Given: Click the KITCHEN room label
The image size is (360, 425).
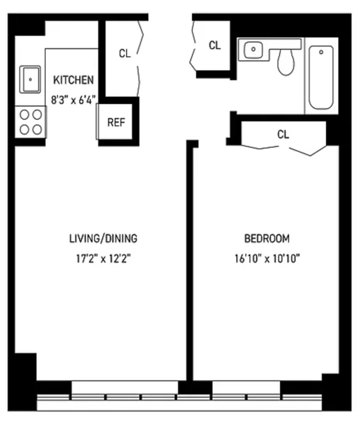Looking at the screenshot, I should [74, 80].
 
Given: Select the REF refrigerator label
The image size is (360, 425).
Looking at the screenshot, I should [116, 122].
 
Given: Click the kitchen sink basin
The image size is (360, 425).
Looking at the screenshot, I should [30, 79].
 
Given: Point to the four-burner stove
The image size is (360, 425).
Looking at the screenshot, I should [31, 122].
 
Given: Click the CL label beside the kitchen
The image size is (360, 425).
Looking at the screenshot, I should [125, 54].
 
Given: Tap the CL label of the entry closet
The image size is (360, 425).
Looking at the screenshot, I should [214, 46].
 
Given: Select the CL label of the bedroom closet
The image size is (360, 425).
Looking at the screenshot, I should [283, 135].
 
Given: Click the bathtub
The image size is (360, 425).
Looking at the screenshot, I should [321, 77].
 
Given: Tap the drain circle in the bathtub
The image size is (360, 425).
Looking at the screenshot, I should [321, 52].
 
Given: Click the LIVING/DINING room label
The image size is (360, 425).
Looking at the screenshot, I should [103, 239].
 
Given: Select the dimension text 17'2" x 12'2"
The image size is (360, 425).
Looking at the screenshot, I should [103, 259].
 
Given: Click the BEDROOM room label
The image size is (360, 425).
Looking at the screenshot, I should [267, 239].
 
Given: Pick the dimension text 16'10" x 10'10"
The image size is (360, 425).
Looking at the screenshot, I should [267, 259].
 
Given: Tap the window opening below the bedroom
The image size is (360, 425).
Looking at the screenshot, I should [246, 388].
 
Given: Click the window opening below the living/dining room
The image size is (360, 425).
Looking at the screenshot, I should [124, 388].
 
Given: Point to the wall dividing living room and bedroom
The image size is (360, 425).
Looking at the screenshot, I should [190, 261].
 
